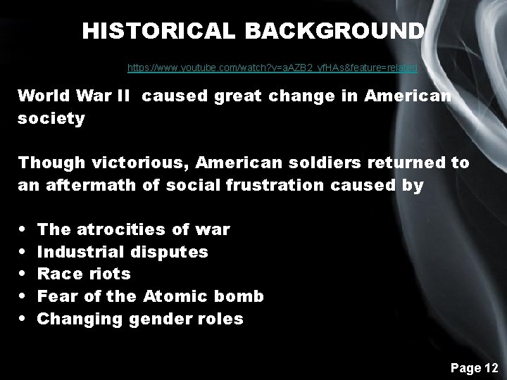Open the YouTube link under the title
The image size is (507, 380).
click(272, 68)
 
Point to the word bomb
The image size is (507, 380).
click(239, 297)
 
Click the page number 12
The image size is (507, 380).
click(489, 367)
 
